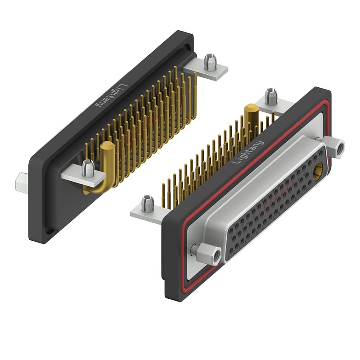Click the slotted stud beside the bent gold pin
click(88, 168)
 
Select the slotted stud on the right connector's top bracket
click(270, 96)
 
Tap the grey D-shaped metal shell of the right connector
click(252, 198)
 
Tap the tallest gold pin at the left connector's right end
click(195, 94)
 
